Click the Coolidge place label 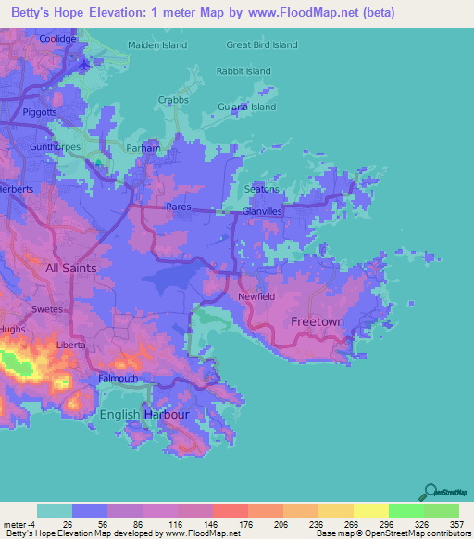pos(57,39)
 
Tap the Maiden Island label pos(157,44)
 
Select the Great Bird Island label pos(262,44)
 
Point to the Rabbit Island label pos(243,71)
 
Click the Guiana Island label pos(245,107)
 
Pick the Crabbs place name pos(173,100)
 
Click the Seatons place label pos(261,189)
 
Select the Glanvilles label pos(261,212)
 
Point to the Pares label pos(179,207)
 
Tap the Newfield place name pos(256,296)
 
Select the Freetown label pos(318,321)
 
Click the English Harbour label pos(144,414)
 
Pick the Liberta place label pos(70,345)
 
